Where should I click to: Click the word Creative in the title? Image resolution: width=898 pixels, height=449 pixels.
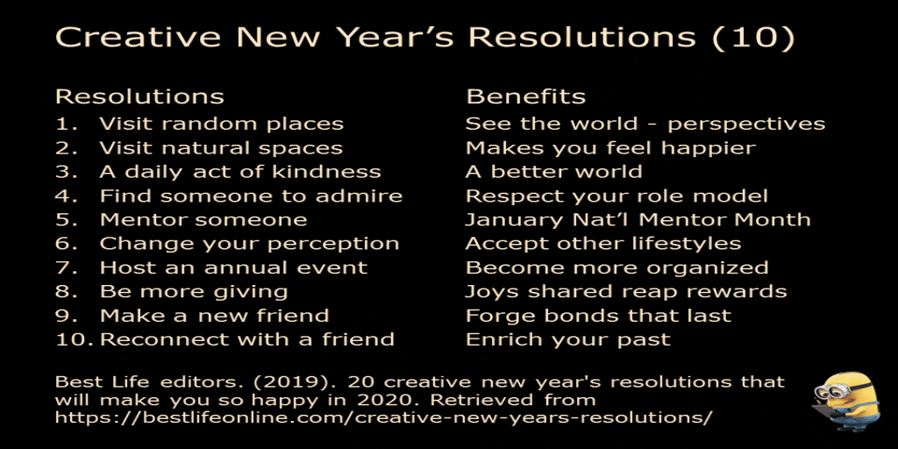138,38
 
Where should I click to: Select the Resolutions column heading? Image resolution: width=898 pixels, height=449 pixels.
139,96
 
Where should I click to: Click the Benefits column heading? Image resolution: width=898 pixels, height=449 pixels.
526,96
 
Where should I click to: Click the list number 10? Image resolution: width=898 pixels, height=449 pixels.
75,339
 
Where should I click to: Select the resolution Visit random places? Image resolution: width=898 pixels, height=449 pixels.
222,124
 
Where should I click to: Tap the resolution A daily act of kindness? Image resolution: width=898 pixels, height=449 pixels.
240,172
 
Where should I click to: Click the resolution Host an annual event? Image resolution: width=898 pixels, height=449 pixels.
233,267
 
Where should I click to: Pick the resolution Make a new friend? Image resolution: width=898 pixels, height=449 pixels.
214,316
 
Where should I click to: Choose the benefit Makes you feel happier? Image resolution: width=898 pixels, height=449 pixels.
610,148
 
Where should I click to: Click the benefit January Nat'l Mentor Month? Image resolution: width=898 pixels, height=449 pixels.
638,220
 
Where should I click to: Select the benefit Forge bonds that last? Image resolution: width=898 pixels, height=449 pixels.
598,316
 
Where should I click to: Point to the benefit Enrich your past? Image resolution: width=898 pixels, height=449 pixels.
567,339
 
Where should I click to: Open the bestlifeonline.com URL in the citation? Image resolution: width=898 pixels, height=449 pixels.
384,417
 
